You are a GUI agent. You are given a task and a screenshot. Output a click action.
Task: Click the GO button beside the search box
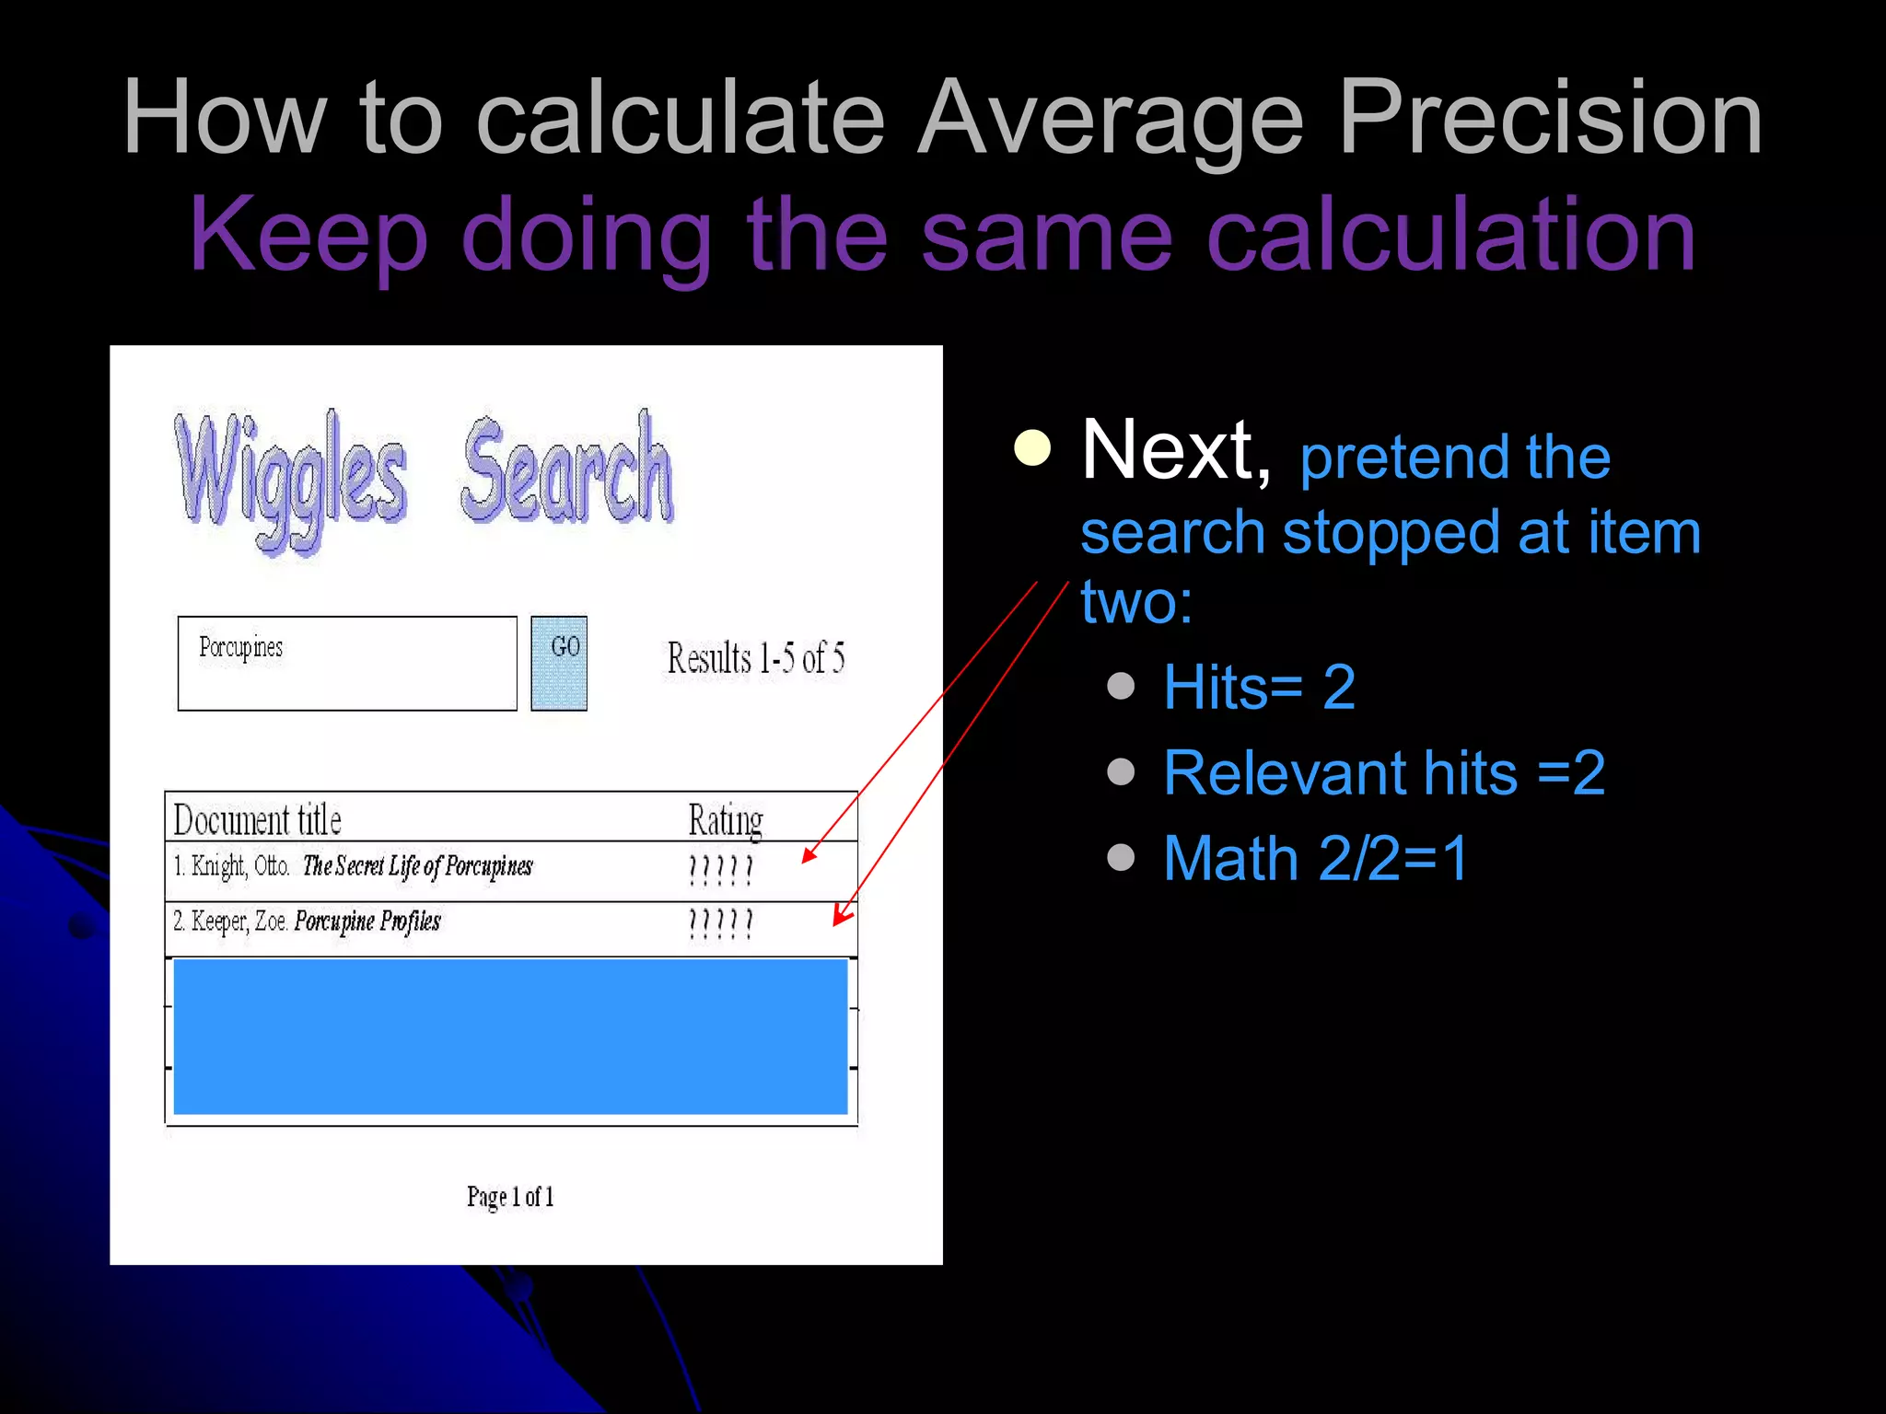(x=559, y=663)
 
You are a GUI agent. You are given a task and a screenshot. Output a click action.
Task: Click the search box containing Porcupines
(x=347, y=663)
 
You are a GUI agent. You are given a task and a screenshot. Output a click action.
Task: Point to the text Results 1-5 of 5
(x=755, y=658)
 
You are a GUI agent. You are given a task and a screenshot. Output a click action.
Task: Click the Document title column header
(x=258, y=819)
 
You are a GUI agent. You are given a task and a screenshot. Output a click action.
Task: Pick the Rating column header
(x=726, y=819)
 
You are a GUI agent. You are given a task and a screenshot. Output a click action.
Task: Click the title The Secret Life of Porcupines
(x=417, y=866)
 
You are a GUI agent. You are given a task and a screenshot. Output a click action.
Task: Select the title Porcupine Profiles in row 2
(x=367, y=921)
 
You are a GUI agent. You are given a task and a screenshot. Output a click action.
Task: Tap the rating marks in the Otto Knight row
(x=721, y=870)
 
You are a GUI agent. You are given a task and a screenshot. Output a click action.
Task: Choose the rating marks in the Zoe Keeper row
(x=721, y=924)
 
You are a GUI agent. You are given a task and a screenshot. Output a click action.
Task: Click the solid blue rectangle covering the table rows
(x=510, y=1037)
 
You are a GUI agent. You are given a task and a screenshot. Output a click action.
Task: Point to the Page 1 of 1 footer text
(x=510, y=1197)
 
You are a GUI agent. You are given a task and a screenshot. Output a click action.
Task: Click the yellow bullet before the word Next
(x=1032, y=448)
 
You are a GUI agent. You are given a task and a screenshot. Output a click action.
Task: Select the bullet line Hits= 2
(x=1259, y=687)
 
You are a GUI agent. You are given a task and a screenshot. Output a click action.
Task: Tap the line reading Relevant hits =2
(x=1384, y=772)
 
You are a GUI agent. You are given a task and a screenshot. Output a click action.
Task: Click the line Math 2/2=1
(x=1315, y=858)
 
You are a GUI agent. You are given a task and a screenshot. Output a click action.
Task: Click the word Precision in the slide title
(x=1550, y=118)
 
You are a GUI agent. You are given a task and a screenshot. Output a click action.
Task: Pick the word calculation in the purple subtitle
(x=1450, y=235)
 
